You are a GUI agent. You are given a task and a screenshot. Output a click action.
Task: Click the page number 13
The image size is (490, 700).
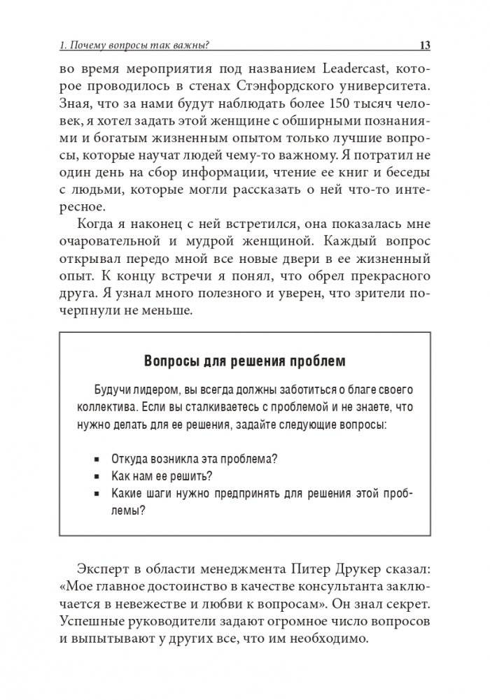click(424, 45)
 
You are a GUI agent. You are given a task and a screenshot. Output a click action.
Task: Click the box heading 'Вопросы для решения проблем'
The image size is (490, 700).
click(244, 361)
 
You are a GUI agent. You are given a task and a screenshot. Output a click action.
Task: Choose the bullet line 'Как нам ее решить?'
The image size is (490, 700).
click(162, 476)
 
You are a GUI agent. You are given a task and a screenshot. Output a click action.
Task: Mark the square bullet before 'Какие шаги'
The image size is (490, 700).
click(96, 494)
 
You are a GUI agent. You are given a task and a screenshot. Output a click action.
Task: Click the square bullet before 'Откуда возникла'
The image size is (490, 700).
click(96, 459)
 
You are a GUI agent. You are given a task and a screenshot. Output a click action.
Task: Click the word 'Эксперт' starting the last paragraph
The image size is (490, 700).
click(104, 567)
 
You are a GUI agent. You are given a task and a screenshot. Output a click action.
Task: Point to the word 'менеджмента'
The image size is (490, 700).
click(239, 567)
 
